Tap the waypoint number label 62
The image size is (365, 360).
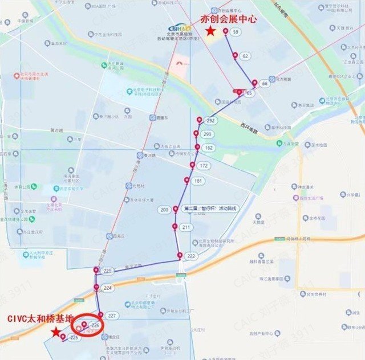click(245, 56)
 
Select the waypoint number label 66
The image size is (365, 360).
click(265, 83)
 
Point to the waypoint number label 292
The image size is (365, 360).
click(210, 121)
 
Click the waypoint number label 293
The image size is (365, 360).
click(207, 134)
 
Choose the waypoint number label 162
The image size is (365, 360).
click(208, 148)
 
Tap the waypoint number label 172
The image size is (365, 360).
click(204, 166)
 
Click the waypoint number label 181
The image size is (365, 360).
click(198, 181)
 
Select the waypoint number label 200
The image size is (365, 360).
click(165, 210)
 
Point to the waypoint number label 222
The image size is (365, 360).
click(191, 256)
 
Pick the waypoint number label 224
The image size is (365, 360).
click(108, 288)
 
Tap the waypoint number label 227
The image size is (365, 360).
click(111, 316)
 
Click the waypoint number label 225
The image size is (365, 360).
click(74, 338)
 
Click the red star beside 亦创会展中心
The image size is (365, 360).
click(210, 31)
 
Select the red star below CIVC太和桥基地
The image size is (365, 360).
click(55, 331)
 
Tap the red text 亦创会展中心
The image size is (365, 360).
click(229, 19)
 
